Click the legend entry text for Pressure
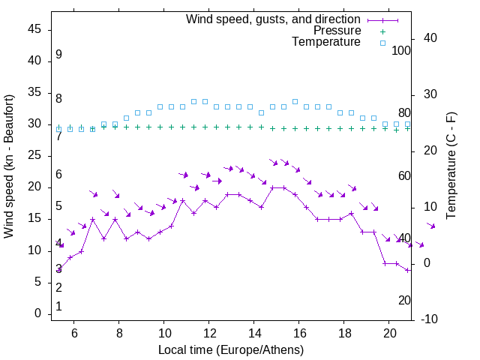point(337,31)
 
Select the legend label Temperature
point(326,42)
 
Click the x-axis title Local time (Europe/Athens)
point(231,349)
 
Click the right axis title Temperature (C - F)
point(451,166)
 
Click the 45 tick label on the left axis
point(34,30)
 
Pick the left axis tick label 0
point(38,313)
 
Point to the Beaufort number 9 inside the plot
point(58,55)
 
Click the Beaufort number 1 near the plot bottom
point(58,306)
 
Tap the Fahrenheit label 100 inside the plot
point(402,50)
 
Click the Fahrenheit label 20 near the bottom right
point(404,300)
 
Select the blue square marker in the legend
point(382,43)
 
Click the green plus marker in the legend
point(382,31)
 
